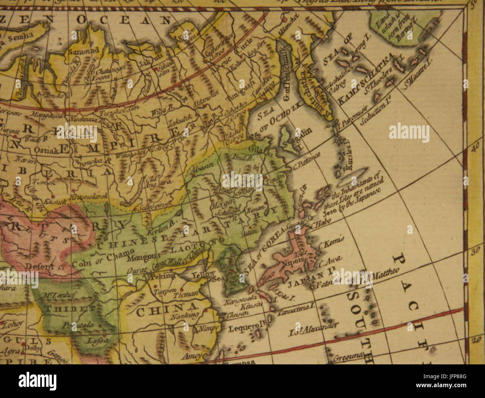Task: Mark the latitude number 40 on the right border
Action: point(475,148)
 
